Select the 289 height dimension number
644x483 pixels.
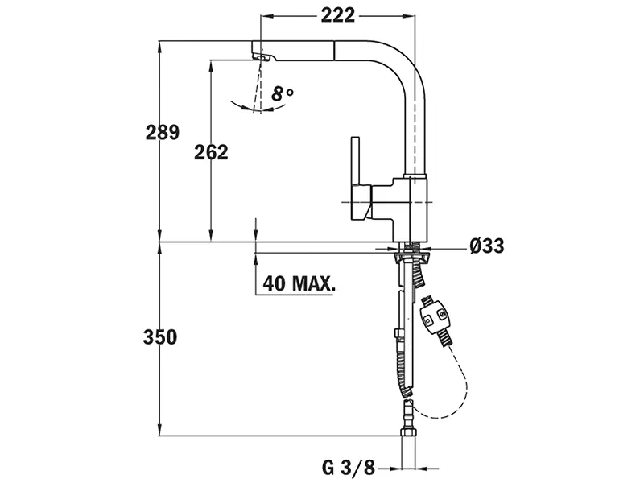click(162, 132)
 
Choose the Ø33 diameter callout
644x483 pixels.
click(487, 246)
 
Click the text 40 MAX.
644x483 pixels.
click(299, 283)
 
